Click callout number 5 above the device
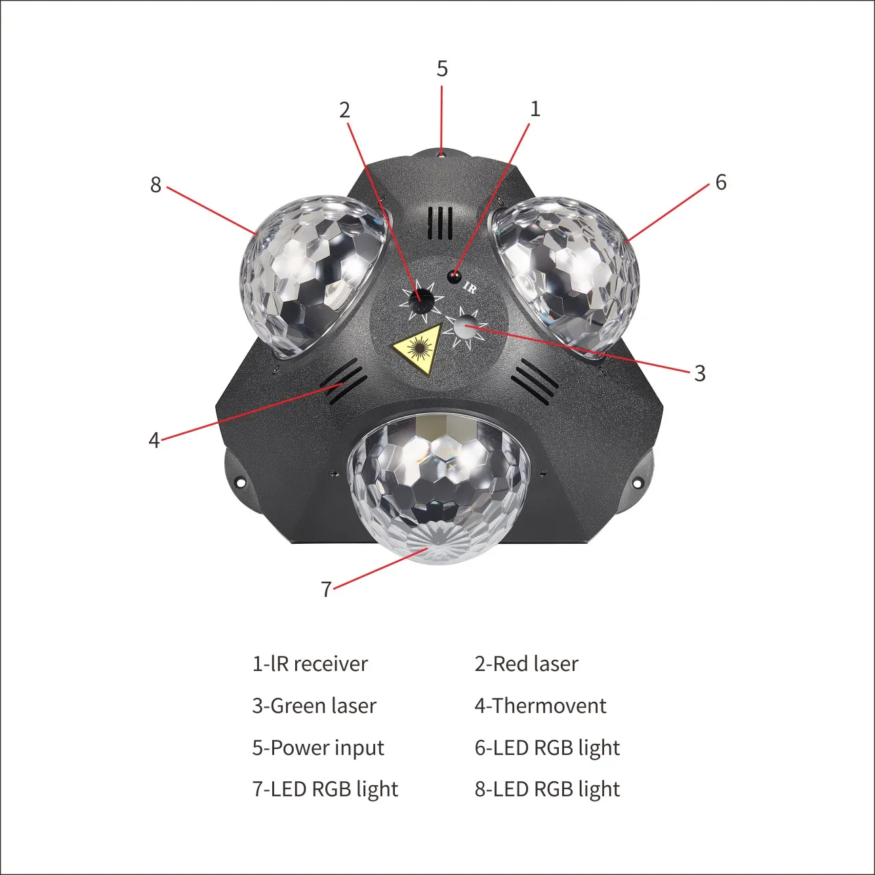[x=442, y=69]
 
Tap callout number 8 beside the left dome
[x=155, y=185]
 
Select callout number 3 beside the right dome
[x=700, y=373]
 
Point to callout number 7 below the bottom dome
[x=326, y=589]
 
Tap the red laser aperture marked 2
[x=420, y=301]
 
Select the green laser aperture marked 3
[x=465, y=326]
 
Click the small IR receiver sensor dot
[x=453, y=276]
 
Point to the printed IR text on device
[x=470, y=287]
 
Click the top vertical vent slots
[x=440, y=224]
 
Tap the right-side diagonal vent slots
[x=534, y=380]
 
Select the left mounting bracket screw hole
[x=240, y=483]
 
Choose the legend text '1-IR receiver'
[x=310, y=664]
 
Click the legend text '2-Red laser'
[x=526, y=664]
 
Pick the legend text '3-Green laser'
[x=314, y=706]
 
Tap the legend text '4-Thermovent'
[x=540, y=706]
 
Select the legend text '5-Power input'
[x=318, y=748]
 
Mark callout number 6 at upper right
[x=721, y=182]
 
